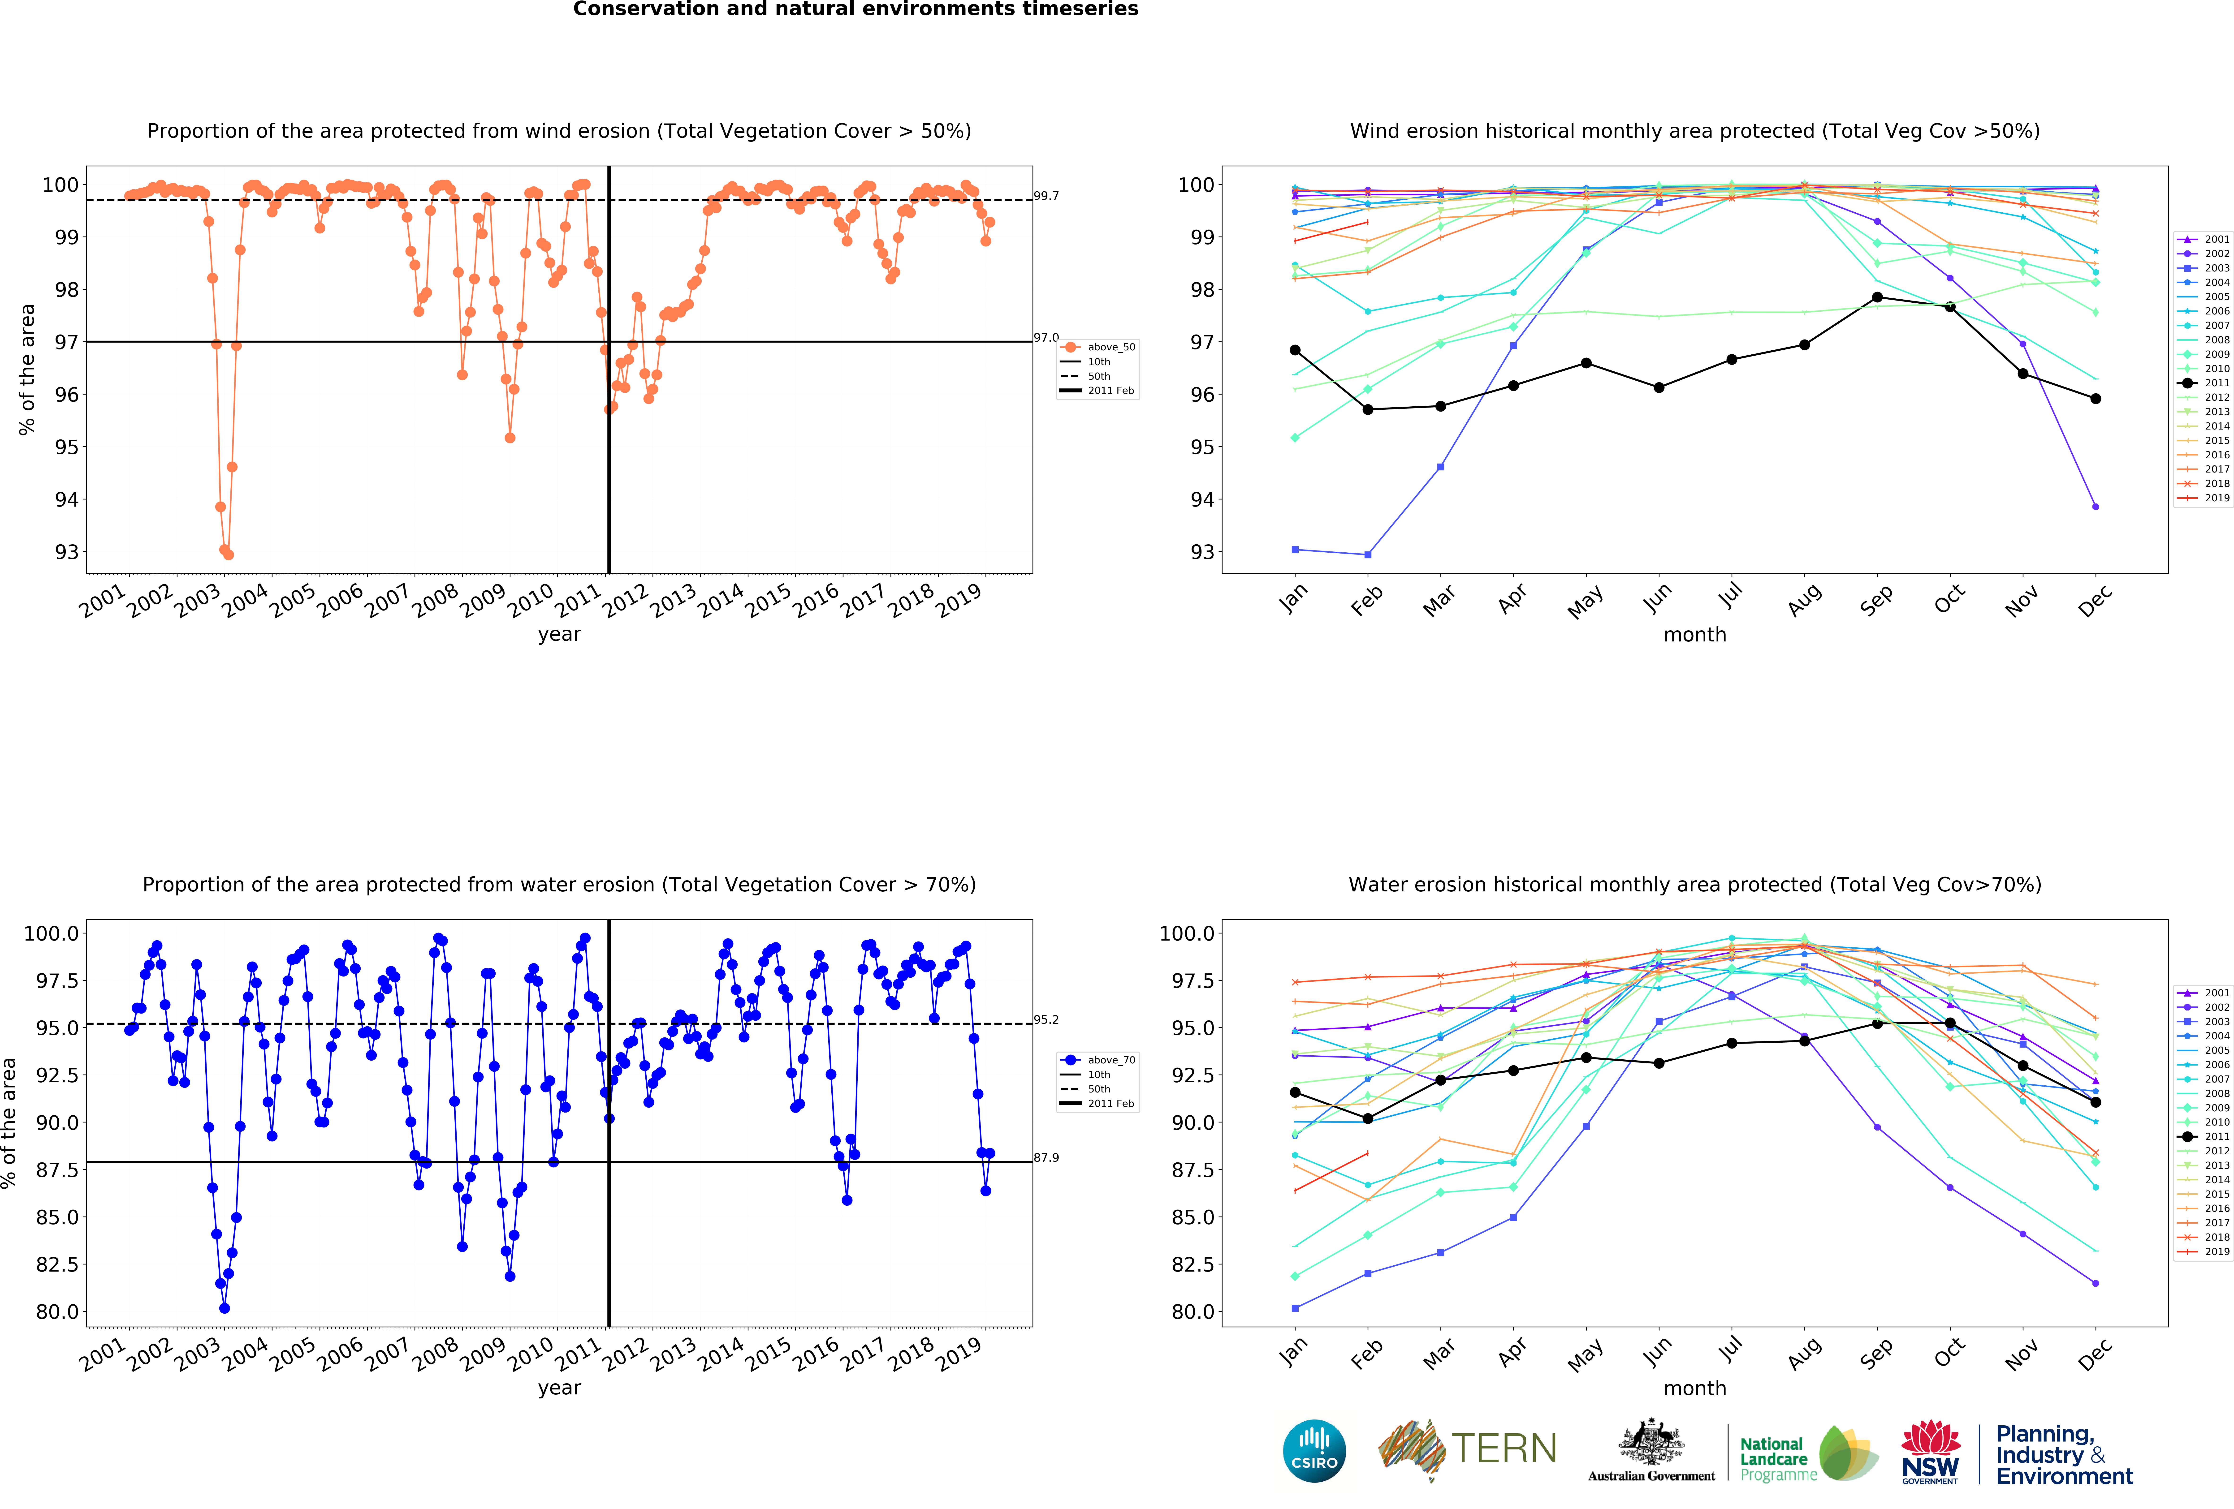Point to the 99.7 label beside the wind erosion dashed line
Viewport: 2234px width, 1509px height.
click(1046, 196)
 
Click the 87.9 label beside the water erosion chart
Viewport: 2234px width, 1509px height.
click(1046, 1157)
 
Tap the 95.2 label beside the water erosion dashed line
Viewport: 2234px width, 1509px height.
click(1046, 1020)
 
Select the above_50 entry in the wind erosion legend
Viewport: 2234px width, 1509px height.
click(1110, 347)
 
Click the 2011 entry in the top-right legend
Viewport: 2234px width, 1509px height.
click(2216, 383)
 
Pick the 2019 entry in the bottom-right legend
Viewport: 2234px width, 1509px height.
click(2216, 1251)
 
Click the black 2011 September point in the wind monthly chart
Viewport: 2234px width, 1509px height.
click(1876, 297)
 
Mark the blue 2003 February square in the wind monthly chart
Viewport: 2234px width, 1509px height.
click(1367, 555)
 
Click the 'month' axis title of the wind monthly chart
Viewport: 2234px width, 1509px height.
click(1695, 634)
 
